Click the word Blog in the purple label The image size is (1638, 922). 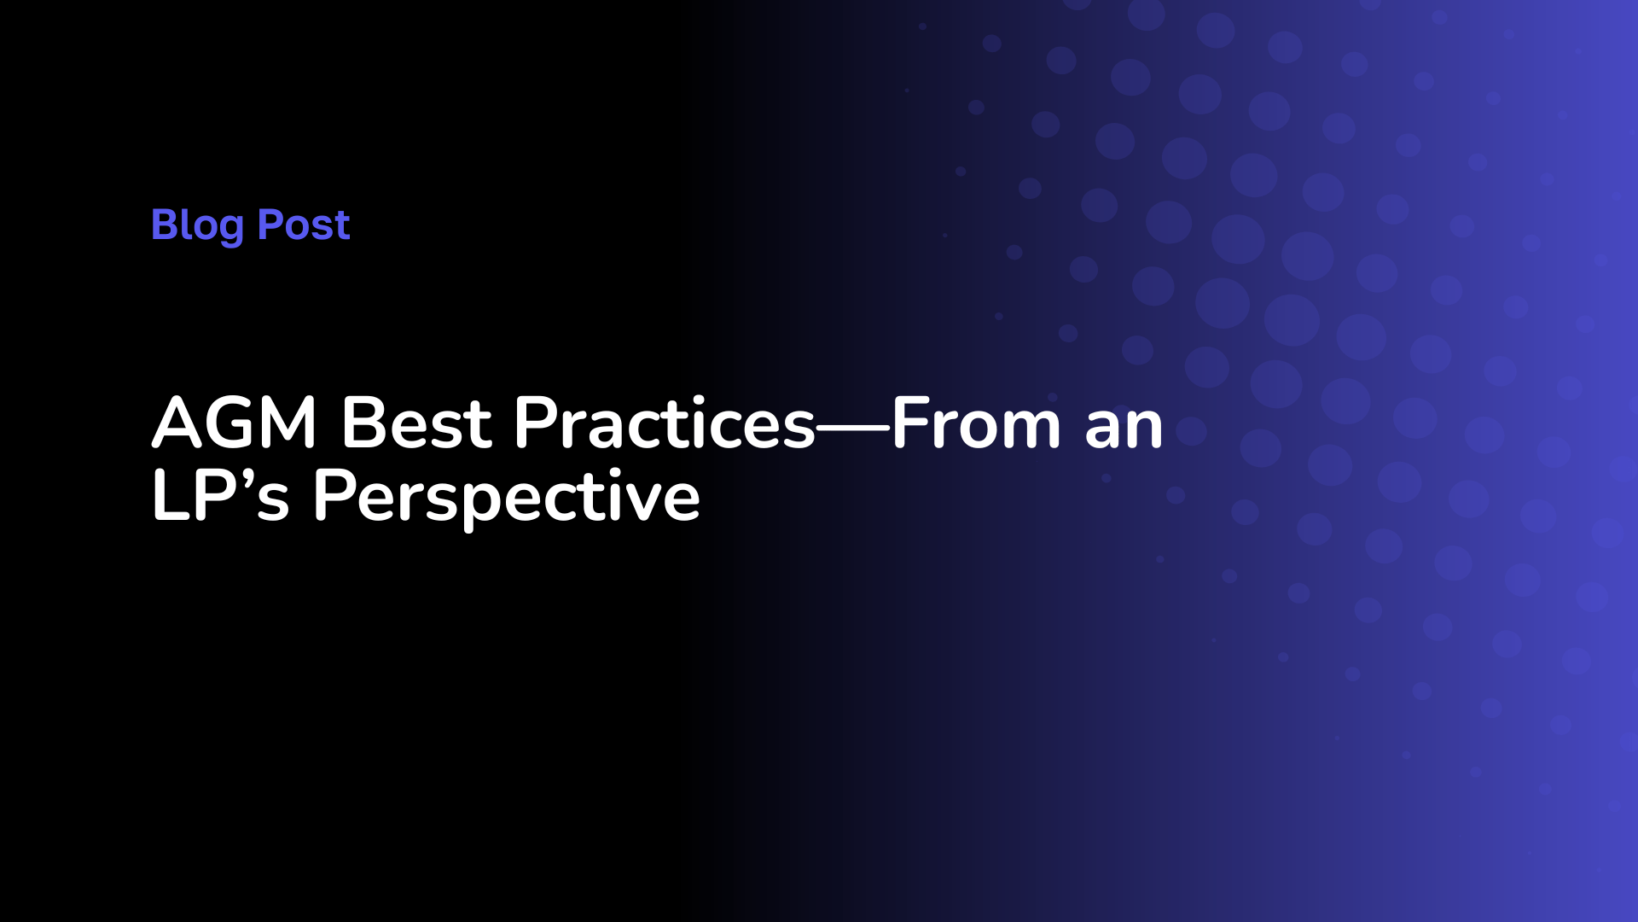[197, 226]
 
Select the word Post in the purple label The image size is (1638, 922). [304, 225]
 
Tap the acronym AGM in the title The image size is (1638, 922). [235, 423]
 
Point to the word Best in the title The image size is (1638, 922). [416, 423]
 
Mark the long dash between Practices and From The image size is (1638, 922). [854, 426]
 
